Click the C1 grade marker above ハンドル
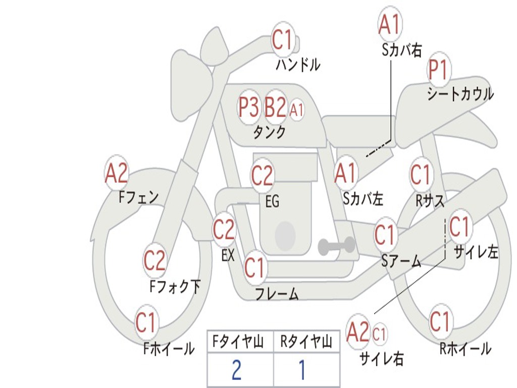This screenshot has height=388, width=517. pyautogui.click(x=283, y=39)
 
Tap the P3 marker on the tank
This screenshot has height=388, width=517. pyautogui.click(x=248, y=107)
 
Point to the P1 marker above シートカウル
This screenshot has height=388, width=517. pyautogui.click(x=439, y=70)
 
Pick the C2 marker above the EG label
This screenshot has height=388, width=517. pyautogui.click(x=262, y=175)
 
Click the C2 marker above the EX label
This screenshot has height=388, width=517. pyautogui.click(x=224, y=229)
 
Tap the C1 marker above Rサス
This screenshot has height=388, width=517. pyautogui.click(x=421, y=174)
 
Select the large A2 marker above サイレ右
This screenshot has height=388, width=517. pyautogui.click(x=358, y=332)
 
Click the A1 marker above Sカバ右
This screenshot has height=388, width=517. pyautogui.click(x=390, y=24)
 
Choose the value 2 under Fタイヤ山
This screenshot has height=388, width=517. pyautogui.click(x=236, y=370)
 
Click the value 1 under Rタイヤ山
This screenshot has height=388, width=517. pyautogui.click(x=302, y=370)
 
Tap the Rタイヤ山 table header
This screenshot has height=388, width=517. pyautogui.click(x=306, y=342)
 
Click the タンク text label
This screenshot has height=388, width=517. pyautogui.click(x=270, y=132)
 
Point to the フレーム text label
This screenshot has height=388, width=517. pyautogui.click(x=277, y=294)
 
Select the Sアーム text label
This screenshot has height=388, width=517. pyautogui.click(x=401, y=261)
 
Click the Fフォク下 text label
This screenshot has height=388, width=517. pyautogui.click(x=175, y=286)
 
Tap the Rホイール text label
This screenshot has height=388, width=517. pyautogui.click(x=465, y=349)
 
